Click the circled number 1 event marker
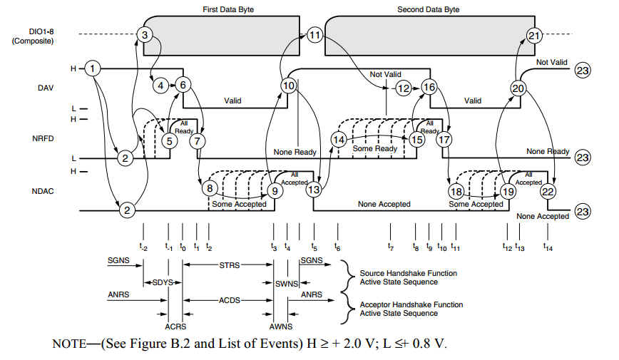click(x=93, y=68)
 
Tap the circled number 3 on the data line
click(x=145, y=35)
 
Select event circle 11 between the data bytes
click(x=314, y=35)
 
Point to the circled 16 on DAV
click(x=429, y=87)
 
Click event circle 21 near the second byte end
click(x=533, y=36)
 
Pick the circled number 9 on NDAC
click(x=275, y=191)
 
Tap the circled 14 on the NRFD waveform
click(x=339, y=139)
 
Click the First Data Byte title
click(x=228, y=9)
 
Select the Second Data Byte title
click(x=429, y=9)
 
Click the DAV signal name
click(x=46, y=88)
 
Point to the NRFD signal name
click(x=43, y=138)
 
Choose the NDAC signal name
click(x=43, y=191)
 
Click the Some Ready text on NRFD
click(x=374, y=148)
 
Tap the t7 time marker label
click(x=390, y=247)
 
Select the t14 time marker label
click(x=548, y=247)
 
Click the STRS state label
click(x=230, y=265)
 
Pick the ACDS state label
click(x=230, y=300)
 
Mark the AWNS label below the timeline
click(x=281, y=326)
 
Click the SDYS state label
click(x=163, y=282)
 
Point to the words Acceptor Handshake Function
click(x=411, y=304)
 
